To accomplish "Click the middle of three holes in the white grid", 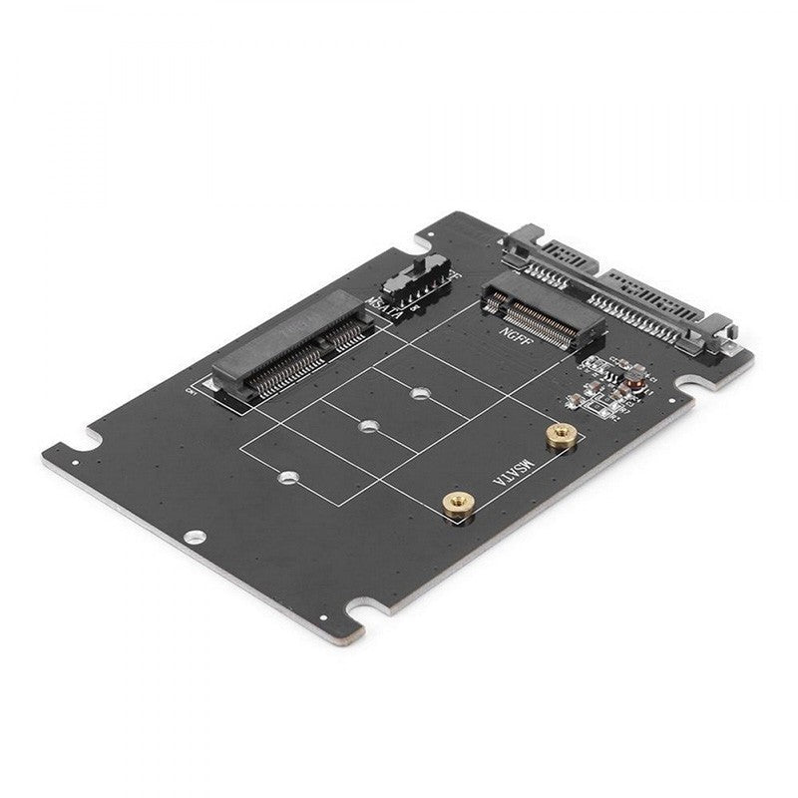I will click(x=368, y=427).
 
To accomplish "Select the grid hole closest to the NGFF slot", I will click(x=420, y=393).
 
